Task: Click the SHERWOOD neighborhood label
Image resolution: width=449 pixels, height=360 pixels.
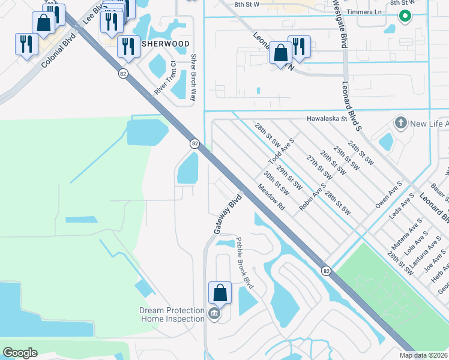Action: pos(166,44)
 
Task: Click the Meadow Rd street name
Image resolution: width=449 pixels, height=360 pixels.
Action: pos(271,196)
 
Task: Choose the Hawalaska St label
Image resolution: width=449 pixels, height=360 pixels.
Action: pos(327,119)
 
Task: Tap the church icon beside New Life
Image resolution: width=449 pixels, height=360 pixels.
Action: pos(400,124)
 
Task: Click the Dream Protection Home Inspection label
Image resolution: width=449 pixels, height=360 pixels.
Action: pos(172,314)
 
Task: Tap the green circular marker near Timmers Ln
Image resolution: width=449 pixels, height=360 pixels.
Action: pos(405,16)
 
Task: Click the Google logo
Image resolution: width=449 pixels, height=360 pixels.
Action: pos(20,353)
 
